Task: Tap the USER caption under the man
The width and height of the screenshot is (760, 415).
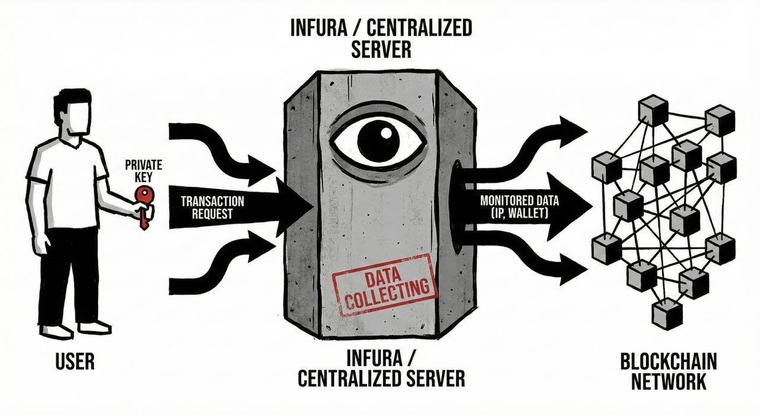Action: (x=75, y=361)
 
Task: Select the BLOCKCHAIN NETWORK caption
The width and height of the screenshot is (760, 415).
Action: (x=669, y=371)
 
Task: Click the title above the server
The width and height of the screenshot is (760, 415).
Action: (x=381, y=38)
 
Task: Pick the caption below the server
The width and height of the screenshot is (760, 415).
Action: (x=381, y=369)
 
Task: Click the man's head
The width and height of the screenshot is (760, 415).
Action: (x=73, y=113)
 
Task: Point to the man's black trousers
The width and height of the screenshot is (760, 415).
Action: (x=68, y=273)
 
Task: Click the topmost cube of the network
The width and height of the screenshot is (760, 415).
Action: (x=654, y=111)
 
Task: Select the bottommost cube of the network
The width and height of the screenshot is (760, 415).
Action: (x=667, y=313)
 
